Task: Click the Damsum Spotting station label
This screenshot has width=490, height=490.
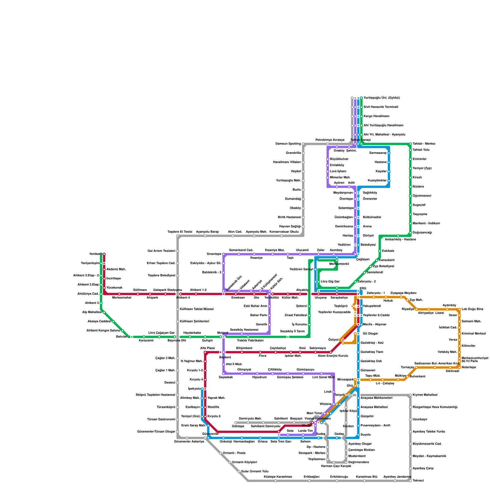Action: coord(288,144)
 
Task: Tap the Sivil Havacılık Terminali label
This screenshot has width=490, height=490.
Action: coord(381,107)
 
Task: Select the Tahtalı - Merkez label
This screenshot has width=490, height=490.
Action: coord(424,144)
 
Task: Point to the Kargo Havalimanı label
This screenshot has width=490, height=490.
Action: coord(376,116)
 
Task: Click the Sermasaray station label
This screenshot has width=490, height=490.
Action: coord(378,153)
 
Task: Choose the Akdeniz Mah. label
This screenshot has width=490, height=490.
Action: coord(116,269)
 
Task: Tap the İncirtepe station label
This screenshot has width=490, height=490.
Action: coord(114,279)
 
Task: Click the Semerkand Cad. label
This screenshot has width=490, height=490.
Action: coord(241,250)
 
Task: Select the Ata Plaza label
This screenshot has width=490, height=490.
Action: coord(207,348)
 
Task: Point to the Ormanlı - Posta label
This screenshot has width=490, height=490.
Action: coord(234,453)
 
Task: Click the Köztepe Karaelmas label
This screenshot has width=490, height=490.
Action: coord(278,477)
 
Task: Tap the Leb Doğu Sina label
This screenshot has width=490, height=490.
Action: coord(473,309)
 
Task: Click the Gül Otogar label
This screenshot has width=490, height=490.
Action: coord(370,334)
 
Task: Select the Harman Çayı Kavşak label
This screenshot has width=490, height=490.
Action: coord(336,466)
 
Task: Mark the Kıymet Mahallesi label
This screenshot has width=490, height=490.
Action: coord(425,395)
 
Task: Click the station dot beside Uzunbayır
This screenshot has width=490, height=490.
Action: coord(410,420)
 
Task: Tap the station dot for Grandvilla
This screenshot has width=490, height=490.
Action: coord(303,153)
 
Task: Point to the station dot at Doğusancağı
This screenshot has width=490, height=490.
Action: coord(410,233)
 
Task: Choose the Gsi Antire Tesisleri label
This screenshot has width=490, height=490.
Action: coord(161,251)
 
